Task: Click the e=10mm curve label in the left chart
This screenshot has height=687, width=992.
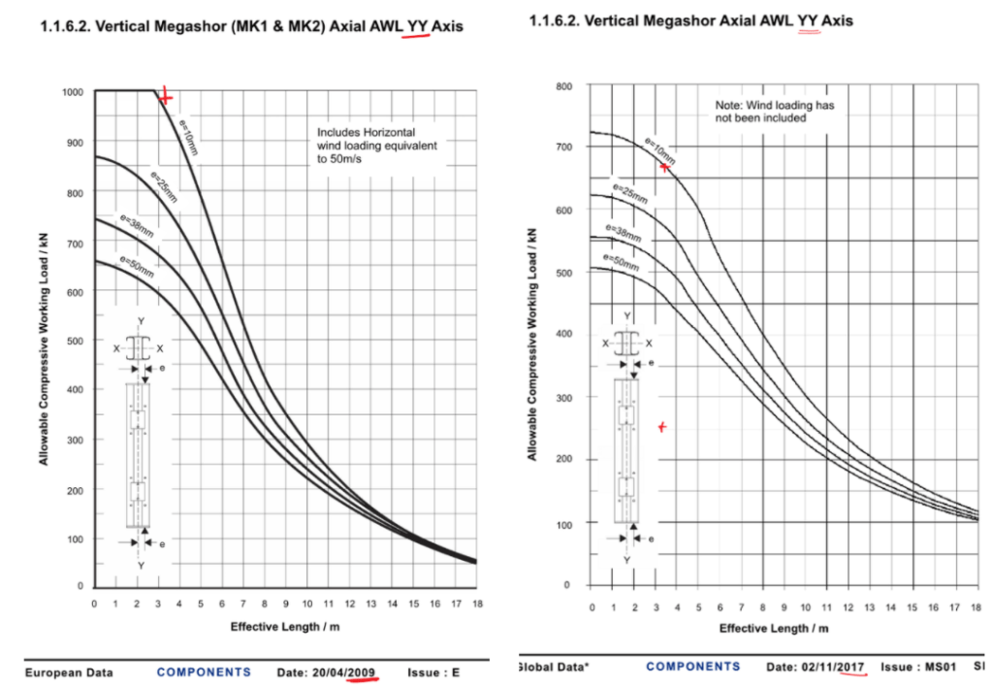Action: (189, 136)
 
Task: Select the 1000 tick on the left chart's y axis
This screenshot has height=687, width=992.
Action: (75, 91)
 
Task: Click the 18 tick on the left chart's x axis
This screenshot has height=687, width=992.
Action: (476, 605)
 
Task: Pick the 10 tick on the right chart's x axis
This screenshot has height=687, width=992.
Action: (805, 606)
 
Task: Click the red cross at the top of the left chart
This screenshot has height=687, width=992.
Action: (166, 97)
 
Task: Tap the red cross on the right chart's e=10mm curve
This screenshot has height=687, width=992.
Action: (664, 167)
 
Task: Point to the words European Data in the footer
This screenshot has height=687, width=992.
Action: (69, 671)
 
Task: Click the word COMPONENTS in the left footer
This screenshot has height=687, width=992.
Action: (204, 671)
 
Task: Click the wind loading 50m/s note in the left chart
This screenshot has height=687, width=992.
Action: (377, 145)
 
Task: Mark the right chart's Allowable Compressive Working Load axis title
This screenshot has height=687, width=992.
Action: (531, 343)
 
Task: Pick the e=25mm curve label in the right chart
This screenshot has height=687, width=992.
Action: (629, 193)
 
